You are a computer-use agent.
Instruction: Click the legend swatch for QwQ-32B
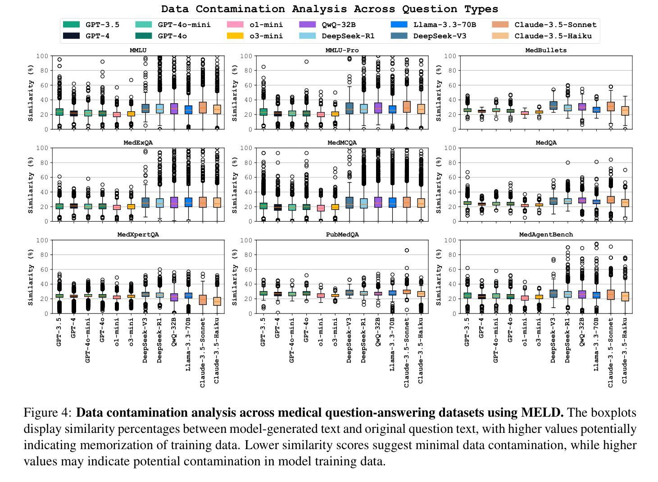point(306,25)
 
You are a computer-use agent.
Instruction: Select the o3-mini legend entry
point(266,36)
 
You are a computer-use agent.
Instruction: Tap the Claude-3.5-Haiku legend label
point(553,36)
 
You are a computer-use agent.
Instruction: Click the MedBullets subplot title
point(546,50)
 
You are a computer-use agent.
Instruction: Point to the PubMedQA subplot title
point(342,235)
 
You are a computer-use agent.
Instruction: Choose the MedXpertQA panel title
point(138,235)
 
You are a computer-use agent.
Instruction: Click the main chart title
point(330,9)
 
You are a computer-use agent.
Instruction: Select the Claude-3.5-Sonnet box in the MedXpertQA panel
point(203,300)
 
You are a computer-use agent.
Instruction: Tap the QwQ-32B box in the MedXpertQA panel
point(174,297)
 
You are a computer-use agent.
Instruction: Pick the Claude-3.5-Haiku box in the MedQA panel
point(625,203)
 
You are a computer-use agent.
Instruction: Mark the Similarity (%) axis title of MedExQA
point(31,185)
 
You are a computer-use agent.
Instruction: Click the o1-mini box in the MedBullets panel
point(524,113)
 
